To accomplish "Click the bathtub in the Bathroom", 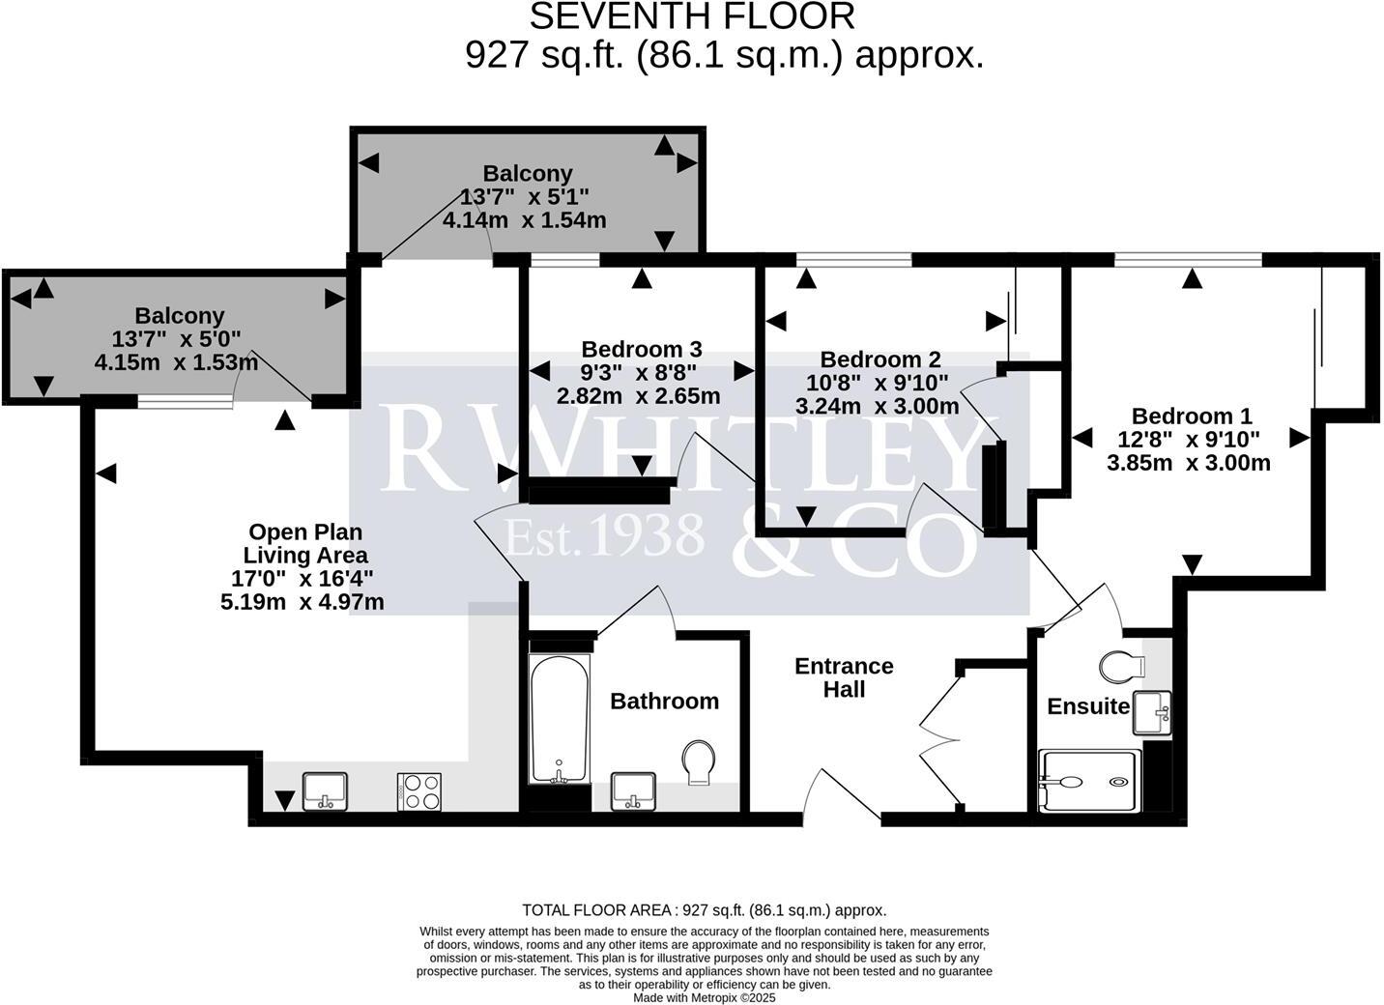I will pos(559,718).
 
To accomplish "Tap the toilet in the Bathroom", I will pos(698,761).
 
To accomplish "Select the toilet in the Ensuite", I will pos(1122,666).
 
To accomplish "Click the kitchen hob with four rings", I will pos(419,791).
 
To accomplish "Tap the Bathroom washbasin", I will pos(633,790).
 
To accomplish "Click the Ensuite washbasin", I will pos(1152,712).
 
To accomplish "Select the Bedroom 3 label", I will pos(641,349).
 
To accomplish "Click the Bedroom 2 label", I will pos(879,359).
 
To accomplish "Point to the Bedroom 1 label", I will pos(1191,416).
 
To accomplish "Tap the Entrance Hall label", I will pos(844,677).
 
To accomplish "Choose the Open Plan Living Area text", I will pos(305,543).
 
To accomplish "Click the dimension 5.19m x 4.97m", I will pos(302,602).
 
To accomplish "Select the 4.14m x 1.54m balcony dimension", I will pos(524,220).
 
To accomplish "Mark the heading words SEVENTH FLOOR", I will pos(692,16).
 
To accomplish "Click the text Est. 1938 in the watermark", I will pos(606,534).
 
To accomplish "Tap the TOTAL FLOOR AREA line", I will pos(704,909).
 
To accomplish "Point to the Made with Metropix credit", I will pos(704,997).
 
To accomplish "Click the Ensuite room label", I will pos(1088,706).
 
